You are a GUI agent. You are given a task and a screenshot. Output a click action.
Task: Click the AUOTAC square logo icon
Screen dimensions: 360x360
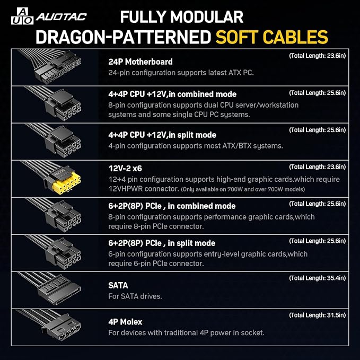[x=22, y=16]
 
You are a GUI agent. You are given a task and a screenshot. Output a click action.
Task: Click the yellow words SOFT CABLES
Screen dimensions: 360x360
[x=272, y=37]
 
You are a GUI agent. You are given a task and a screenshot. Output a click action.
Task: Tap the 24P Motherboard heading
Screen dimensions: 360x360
[x=141, y=62]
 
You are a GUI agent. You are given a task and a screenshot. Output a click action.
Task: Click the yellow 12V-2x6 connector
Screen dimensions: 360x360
[x=66, y=183]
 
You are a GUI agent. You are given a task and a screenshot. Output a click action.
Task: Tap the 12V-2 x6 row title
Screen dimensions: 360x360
[x=125, y=169]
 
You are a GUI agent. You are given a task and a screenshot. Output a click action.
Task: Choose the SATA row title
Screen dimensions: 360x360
[x=118, y=285]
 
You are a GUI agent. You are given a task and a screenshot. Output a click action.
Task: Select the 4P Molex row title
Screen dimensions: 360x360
[x=125, y=322]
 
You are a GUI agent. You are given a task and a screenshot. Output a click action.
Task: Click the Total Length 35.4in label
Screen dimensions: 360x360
[x=317, y=278]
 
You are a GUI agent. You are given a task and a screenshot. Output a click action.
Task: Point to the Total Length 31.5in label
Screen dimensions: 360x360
[x=317, y=315]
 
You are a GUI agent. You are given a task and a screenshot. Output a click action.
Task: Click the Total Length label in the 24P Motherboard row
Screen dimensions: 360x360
[x=317, y=56]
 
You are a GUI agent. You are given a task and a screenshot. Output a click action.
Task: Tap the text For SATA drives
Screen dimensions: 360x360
[x=135, y=296]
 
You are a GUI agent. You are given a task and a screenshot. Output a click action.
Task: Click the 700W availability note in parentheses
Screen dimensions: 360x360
[x=243, y=189]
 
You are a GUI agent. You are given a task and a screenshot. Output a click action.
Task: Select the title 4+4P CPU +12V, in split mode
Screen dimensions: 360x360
[x=162, y=135]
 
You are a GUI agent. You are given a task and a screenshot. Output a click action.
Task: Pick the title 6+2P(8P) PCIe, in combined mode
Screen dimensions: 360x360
[x=172, y=206]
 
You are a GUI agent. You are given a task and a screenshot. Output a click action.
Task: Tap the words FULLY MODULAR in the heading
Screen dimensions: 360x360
[x=182, y=17]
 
